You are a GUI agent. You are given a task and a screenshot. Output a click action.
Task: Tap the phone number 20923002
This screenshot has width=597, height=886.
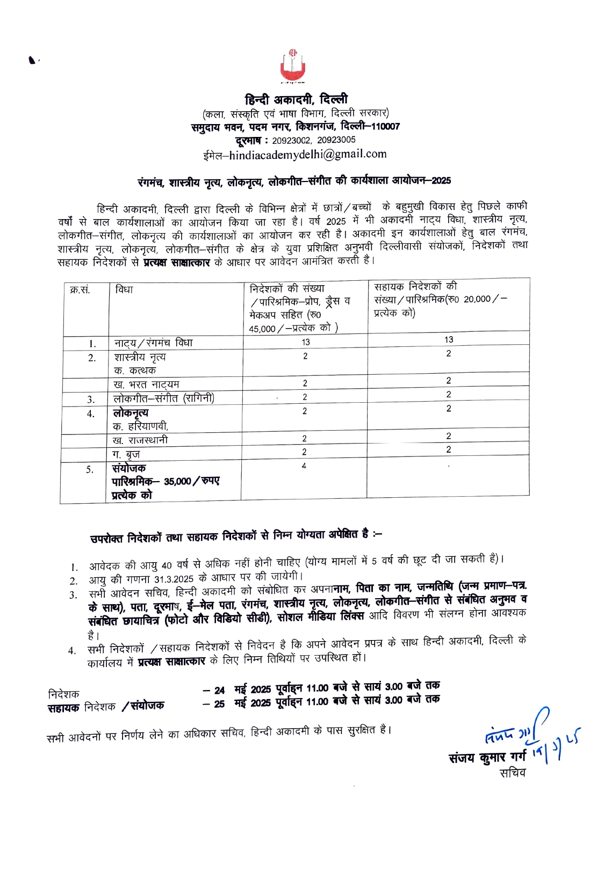(291, 140)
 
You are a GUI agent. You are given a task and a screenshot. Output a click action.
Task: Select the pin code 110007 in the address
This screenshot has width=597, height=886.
(385, 127)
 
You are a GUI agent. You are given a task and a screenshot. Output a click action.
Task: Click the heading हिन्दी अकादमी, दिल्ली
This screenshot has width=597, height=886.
(296, 99)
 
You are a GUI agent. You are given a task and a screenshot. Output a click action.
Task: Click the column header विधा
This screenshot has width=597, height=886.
(124, 290)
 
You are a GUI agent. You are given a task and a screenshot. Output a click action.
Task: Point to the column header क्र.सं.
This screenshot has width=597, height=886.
(80, 290)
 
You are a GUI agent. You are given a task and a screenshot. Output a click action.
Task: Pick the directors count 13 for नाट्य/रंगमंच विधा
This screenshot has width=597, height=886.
(305, 342)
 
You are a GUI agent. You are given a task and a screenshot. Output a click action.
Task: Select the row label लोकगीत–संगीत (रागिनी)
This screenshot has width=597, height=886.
(164, 398)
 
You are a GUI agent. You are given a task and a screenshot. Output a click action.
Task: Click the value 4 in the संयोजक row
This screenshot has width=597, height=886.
(304, 466)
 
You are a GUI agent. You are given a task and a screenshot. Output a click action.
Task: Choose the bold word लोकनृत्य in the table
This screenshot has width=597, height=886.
(131, 413)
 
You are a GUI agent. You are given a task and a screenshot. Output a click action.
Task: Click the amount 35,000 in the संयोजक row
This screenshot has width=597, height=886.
(178, 482)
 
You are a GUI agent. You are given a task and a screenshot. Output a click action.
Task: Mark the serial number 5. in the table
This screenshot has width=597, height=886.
(90, 470)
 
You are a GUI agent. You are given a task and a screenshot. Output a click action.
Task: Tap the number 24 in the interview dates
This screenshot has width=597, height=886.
(219, 690)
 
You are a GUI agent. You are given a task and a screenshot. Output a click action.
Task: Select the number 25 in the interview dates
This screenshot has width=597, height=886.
(219, 704)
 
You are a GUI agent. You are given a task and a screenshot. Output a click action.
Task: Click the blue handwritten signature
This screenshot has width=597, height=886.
(529, 736)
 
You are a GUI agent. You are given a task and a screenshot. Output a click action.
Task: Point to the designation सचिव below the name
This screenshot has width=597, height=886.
(512, 773)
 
